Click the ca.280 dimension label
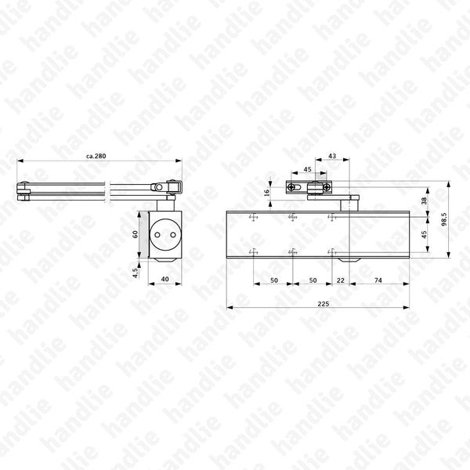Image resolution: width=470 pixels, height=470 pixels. point(96,156)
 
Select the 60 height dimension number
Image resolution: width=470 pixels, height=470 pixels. point(135,233)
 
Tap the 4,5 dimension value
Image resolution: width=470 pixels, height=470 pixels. point(135,273)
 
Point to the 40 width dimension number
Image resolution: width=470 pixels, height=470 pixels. point(164,280)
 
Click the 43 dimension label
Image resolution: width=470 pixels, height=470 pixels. point(332,157)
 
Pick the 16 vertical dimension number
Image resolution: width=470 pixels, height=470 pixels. point(267,192)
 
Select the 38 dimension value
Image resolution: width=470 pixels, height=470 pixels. point(425,201)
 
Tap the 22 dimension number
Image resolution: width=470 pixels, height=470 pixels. point(340,280)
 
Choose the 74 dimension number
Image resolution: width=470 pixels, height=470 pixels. point(378,280)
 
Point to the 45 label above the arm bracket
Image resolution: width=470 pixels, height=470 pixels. point(307,168)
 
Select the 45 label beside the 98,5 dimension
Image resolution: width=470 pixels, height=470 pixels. point(425,233)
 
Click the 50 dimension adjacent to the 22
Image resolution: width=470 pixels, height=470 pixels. point(312,280)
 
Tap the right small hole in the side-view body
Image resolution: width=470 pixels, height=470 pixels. point(171,233)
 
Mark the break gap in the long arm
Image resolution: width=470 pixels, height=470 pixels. point(107,188)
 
